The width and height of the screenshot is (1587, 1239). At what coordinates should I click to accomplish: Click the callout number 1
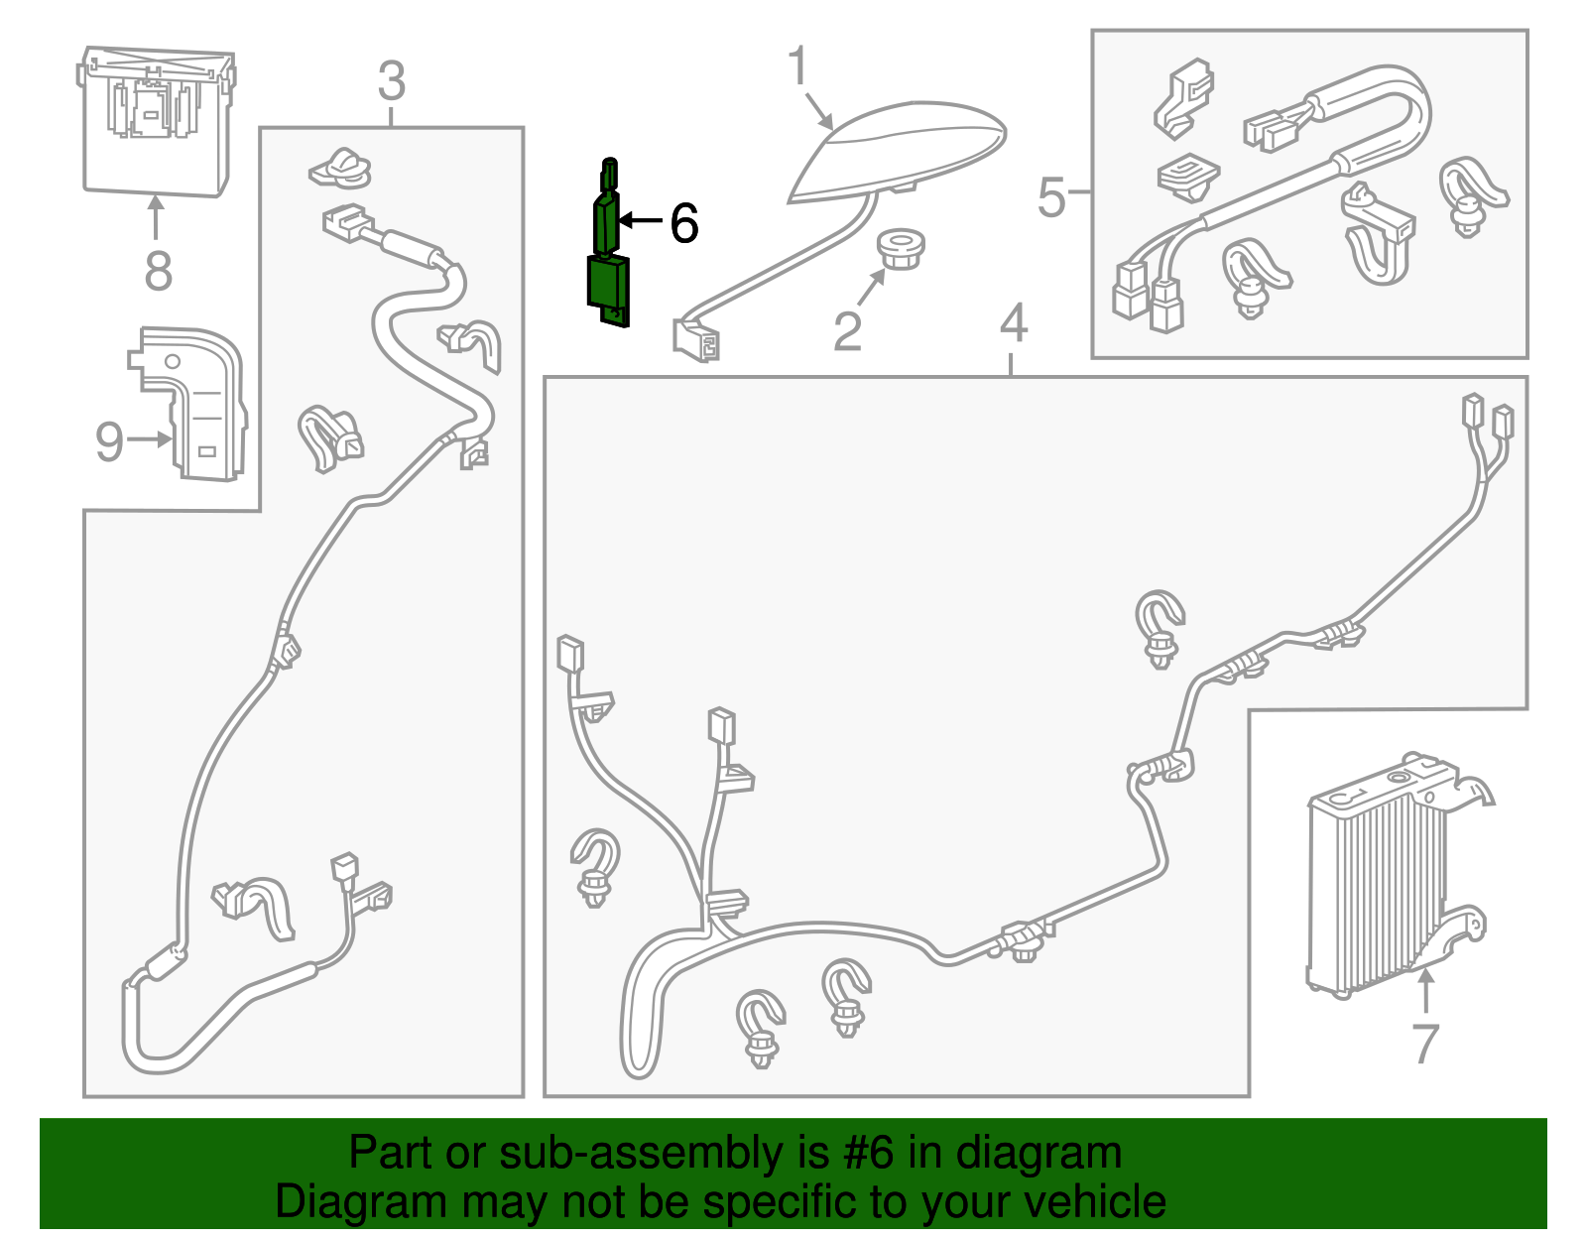coord(798,64)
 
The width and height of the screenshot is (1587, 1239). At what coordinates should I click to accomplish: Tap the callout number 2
coord(847,331)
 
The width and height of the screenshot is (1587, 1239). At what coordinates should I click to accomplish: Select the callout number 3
coord(392,80)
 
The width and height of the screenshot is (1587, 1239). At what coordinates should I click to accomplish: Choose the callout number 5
coord(1051,197)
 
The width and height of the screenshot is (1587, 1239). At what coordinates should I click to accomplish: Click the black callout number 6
coord(684,222)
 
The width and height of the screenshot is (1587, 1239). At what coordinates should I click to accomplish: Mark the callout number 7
coord(1425,1044)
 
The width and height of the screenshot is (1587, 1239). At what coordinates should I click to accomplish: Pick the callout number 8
coord(158,270)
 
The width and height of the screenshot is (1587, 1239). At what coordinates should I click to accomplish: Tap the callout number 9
coord(109,441)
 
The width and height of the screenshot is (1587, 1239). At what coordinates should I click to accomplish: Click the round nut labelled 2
coord(901,250)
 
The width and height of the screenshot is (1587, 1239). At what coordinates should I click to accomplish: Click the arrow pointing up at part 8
coord(156,217)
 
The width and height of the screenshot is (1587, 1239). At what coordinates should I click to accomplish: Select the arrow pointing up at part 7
coord(1425,989)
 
